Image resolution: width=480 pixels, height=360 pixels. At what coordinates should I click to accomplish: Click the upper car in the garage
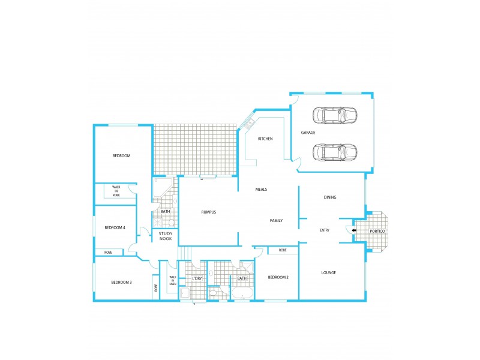point(335,115)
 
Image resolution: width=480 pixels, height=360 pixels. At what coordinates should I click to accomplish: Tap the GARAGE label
point(308,132)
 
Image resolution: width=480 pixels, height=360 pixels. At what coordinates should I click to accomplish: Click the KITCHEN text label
point(265,139)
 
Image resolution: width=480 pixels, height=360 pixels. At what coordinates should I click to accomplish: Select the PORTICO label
point(377,231)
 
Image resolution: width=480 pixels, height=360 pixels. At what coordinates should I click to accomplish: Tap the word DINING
point(330,197)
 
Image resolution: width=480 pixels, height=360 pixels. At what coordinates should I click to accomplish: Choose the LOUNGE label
point(328,273)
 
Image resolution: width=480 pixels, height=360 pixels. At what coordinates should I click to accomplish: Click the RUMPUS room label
point(208,212)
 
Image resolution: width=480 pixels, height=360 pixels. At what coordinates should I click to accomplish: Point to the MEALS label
point(261,190)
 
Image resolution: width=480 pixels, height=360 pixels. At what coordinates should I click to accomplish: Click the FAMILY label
point(276,221)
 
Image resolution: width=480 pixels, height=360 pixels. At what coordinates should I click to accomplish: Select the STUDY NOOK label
point(165,236)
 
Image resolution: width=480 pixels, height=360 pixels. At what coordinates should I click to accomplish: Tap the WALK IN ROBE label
point(116,191)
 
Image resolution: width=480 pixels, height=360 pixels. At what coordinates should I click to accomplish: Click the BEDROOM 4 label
point(115,227)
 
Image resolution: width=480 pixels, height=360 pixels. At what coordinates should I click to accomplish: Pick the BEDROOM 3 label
point(122,282)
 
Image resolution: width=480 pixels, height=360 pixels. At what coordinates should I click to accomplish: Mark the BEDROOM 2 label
point(278,277)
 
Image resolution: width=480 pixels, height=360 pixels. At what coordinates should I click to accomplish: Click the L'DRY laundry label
point(196,278)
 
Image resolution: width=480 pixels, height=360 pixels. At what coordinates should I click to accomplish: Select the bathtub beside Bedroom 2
point(243,294)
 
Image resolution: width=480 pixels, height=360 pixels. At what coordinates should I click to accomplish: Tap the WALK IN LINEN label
point(173,281)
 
